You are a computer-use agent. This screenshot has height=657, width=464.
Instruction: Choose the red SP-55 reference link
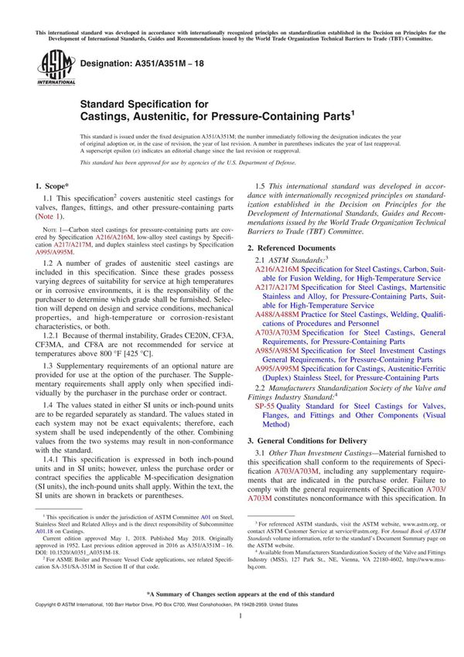click(x=264, y=405)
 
